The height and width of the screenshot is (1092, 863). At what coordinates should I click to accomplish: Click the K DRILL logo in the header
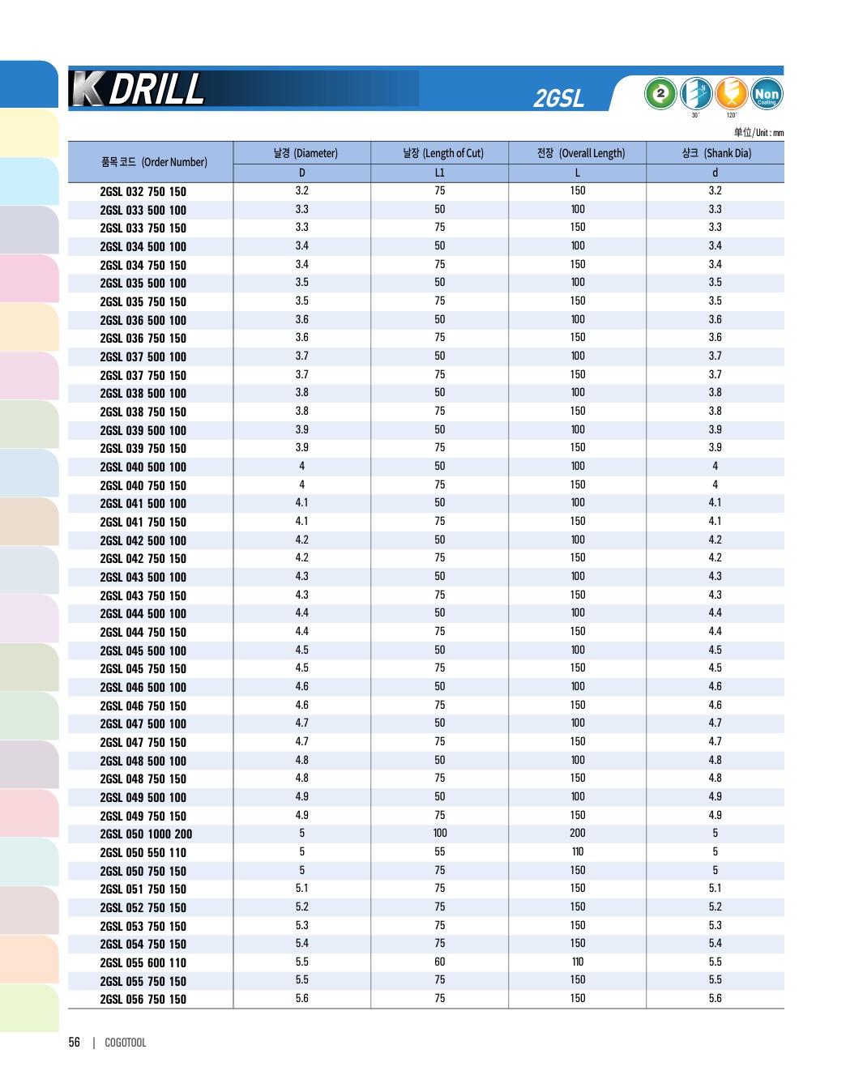coord(139,89)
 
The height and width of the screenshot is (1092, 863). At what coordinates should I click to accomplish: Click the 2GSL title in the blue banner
coord(558,98)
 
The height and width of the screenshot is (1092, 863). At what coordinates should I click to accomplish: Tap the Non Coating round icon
coord(766,94)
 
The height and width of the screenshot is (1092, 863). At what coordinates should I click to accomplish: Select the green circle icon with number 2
coord(660,94)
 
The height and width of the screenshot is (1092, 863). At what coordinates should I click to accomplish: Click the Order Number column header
coord(154,162)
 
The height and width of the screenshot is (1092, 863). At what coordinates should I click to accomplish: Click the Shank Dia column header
coord(716,153)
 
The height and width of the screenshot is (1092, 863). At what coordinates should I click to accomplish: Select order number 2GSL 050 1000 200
coord(146,834)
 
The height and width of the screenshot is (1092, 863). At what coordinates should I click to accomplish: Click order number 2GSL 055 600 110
coord(143,963)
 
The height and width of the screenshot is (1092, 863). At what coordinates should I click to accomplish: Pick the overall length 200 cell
coord(577,834)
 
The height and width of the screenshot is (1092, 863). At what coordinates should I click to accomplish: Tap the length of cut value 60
coord(439,962)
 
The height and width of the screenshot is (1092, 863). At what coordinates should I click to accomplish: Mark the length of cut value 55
coord(439,852)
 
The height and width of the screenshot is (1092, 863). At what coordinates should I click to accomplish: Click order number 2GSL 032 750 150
coord(143,192)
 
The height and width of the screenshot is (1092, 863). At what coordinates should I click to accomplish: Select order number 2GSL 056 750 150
coord(143,1000)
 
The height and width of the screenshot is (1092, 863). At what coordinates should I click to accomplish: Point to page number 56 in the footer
coord(75,1043)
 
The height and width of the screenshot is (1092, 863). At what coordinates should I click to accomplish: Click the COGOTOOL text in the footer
coord(126,1043)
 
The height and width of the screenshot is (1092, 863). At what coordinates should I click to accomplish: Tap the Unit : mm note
coord(758,133)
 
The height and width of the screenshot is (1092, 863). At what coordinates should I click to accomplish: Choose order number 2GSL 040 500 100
coord(143,467)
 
